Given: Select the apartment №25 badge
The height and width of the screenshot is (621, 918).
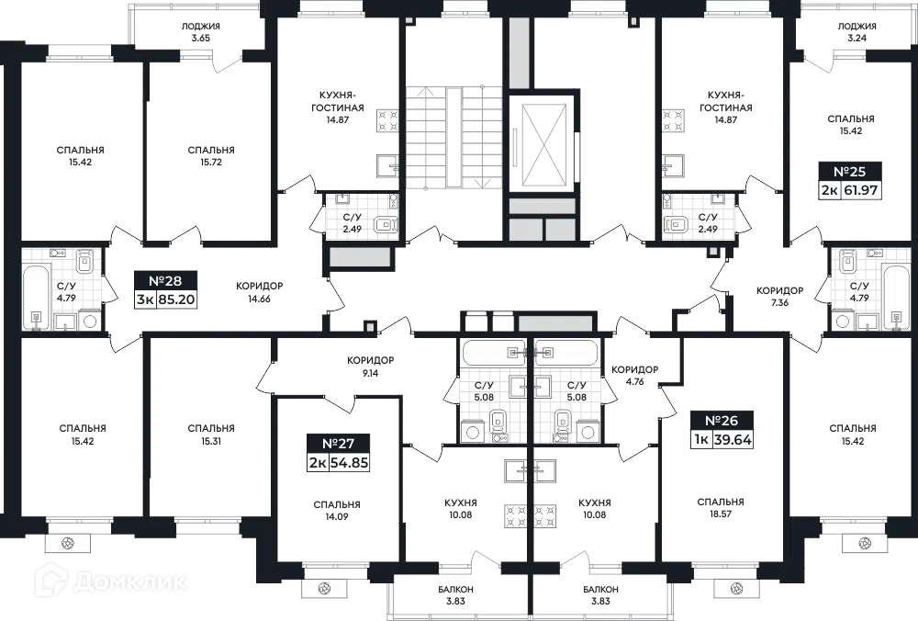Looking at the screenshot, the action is [849, 180].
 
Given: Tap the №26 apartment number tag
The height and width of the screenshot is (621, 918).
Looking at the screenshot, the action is [721, 430].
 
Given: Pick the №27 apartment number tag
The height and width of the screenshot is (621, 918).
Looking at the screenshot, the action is [339, 453].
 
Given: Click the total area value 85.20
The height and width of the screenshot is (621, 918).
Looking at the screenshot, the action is [177, 300].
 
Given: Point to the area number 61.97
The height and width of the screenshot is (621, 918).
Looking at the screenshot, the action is [861, 191].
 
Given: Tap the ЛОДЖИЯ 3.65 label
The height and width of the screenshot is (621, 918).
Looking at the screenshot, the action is [200, 32].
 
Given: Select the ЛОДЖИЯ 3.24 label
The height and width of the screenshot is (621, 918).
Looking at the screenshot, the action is [856, 32].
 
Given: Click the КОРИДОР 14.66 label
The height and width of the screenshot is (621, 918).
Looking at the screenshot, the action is [260, 292].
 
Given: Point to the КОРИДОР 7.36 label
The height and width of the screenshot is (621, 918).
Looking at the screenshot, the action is [779, 297].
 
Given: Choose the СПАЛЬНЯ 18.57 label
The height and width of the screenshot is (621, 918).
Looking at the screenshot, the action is [721, 508].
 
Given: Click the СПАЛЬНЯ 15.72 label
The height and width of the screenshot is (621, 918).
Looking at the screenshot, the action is [211, 156].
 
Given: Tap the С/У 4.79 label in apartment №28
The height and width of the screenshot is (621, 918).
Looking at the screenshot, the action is [66, 292].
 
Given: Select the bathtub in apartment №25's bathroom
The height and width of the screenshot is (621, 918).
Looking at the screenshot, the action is [895, 299].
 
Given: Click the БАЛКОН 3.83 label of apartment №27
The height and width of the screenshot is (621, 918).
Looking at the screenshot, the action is [455, 594].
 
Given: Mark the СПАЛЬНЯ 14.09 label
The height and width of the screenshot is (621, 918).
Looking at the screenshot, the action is [337, 510].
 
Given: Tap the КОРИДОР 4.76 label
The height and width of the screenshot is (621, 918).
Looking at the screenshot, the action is [634, 376].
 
